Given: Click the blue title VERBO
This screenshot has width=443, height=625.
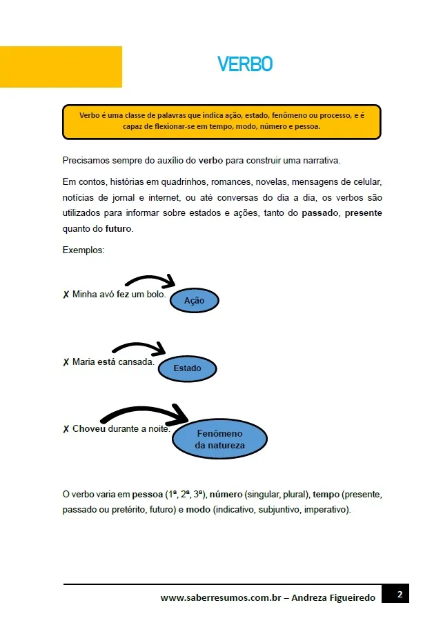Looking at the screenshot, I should click(x=245, y=64).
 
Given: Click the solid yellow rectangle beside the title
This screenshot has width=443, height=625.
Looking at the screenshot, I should click(x=61, y=67).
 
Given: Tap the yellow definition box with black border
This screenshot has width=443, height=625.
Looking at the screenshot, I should click(x=221, y=122).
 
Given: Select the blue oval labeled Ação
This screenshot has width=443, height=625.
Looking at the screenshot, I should click(x=194, y=301).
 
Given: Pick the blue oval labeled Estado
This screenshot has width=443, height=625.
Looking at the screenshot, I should click(x=187, y=368).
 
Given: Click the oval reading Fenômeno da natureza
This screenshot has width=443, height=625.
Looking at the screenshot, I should click(x=219, y=439).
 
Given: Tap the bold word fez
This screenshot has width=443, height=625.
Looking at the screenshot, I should click(x=123, y=295).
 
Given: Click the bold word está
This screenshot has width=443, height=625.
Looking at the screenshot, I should click(x=106, y=361).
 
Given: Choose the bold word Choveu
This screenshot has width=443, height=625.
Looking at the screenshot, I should click(x=89, y=428).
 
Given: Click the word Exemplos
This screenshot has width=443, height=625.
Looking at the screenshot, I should click(x=83, y=250).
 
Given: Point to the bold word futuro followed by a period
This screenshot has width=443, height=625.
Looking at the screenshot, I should click(x=118, y=228).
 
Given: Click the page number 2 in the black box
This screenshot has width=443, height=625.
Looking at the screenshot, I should click(x=400, y=594).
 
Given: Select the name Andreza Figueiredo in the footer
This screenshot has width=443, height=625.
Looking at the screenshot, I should click(x=334, y=598).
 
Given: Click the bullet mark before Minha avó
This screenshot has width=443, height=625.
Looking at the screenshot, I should click(x=66, y=295).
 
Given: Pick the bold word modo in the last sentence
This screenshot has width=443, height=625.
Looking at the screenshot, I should click(x=198, y=510).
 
